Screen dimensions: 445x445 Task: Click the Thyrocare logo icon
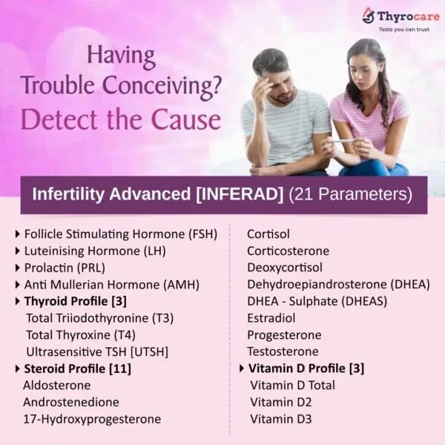point(368,15)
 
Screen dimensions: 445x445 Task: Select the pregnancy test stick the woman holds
point(343,141)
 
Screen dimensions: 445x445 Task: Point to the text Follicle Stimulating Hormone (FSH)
point(120,234)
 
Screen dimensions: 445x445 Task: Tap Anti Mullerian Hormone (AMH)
point(111,284)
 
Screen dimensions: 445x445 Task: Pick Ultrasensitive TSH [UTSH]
point(97,351)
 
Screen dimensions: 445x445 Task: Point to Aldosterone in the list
point(57,385)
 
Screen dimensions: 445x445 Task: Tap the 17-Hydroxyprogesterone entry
point(92,419)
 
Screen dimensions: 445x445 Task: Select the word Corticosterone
point(288,251)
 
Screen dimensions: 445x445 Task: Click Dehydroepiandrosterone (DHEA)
point(338,284)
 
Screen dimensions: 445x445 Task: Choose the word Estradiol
point(271,317)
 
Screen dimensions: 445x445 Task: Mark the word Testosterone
point(283,351)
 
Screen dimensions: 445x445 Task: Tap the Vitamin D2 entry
point(281,402)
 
